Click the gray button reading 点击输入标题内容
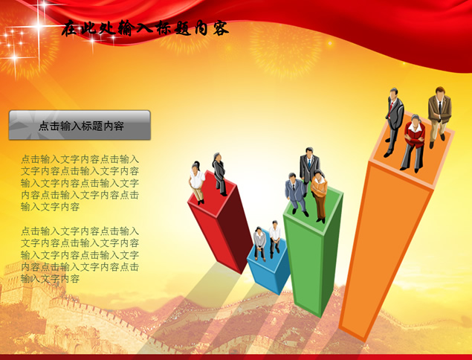pyautogui.click(x=80, y=125)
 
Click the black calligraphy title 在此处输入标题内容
pyautogui.click(x=145, y=28)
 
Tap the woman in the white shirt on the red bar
pyautogui.click(x=196, y=182)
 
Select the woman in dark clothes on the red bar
pyautogui.click(x=219, y=174)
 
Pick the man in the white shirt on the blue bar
pyautogui.click(x=274, y=240)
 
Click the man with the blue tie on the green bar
pyautogui.click(x=309, y=168)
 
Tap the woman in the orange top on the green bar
pyautogui.click(x=319, y=196)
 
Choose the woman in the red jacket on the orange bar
pyautogui.click(x=413, y=144)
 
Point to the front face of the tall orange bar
pyautogui.click(x=385, y=250)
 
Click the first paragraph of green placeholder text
pyautogui.click(x=80, y=183)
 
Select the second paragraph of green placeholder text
pyautogui.click(x=80, y=255)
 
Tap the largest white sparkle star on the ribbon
pyautogui.click(x=39, y=27)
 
